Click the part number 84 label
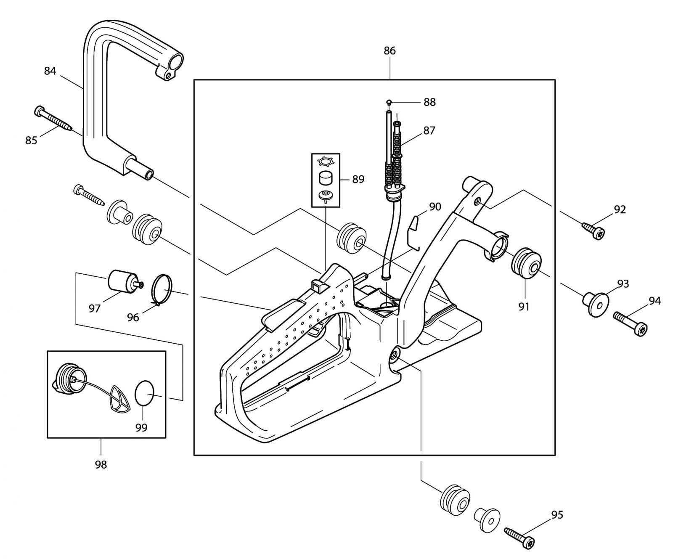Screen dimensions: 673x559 pyautogui.click(x=50, y=71)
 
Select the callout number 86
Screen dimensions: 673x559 pyautogui.click(x=389, y=51)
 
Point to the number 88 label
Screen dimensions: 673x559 pyautogui.click(x=429, y=102)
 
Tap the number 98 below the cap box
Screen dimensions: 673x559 pyautogui.click(x=101, y=464)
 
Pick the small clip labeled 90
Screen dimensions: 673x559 pyautogui.click(x=414, y=233)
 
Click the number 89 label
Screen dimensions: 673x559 pyautogui.click(x=358, y=179)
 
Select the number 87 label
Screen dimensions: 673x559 pyautogui.click(x=429, y=131)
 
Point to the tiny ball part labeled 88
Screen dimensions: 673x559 pyautogui.click(x=389, y=102)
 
